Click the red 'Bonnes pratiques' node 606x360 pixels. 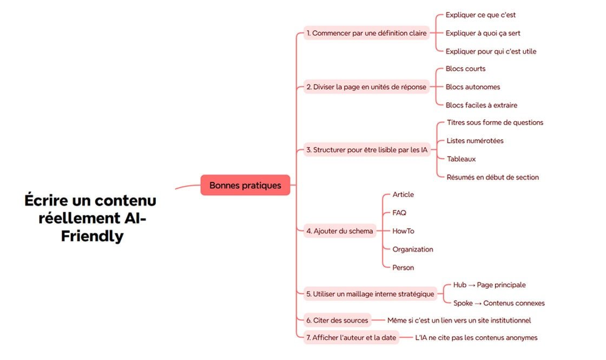coord(245,185)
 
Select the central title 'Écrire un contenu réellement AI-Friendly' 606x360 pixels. coord(90,218)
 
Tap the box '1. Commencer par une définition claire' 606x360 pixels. coord(366,33)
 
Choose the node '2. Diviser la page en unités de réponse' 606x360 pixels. coord(366,87)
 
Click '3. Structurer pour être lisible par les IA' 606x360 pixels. coord(366,149)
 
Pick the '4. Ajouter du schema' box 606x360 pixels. coord(339,231)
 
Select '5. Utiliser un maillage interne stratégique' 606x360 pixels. coord(370,294)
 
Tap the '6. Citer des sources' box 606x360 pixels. coord(337,320)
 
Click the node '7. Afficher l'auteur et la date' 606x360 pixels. coord(351,338)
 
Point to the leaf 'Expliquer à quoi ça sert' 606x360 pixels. coord(483,33)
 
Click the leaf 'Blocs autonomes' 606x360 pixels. coord(472,87)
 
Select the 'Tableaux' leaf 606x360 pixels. coord(461,159)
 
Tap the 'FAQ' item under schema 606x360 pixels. coord(399,213)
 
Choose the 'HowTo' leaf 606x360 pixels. coord(403,231)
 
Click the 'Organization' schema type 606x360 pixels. coord(413,249)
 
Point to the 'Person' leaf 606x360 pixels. coord(403,267)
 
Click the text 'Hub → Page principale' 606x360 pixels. coord(489,285)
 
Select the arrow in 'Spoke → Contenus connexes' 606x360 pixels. coord(478,303)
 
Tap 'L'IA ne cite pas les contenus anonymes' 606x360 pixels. coord(476,338)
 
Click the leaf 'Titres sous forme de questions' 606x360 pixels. coord(495,122)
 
